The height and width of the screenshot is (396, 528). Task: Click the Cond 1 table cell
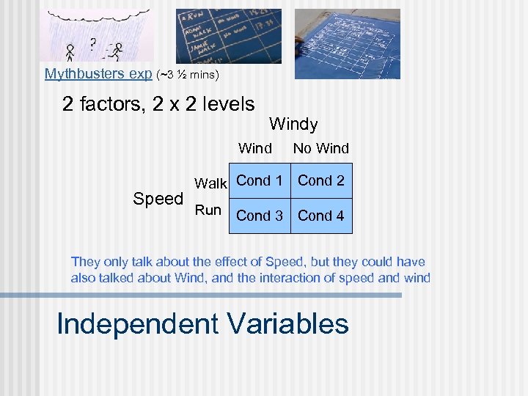[x=260, y=180]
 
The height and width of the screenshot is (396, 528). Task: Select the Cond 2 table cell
[x=321, y=180]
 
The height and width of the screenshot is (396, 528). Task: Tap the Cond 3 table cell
[x=260, y=216]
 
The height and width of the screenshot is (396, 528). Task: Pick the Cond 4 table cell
[x=321, y=216]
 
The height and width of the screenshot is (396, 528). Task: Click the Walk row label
[x=210, y=183]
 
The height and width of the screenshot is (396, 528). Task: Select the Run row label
[x=208, y=210]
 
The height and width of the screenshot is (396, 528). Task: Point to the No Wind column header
[x=321, y=148]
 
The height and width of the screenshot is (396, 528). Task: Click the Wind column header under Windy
[x=255, y=148]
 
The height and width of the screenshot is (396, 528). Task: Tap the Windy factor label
[x=293, y=124]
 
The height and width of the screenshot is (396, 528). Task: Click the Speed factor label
[x=158, y=199]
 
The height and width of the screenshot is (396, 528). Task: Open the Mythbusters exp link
[x=98, y=73]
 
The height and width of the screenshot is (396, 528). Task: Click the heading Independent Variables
[x=202, y=323]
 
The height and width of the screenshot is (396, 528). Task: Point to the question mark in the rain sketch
[x=93, y=43]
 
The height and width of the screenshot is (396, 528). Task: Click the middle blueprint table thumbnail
[x=228, y=36]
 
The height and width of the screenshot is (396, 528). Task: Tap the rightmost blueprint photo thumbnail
[x=347, y=43]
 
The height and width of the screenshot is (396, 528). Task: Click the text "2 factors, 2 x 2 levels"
[x=158, y=104]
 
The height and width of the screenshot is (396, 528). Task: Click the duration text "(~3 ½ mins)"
[x=188, y=74]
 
